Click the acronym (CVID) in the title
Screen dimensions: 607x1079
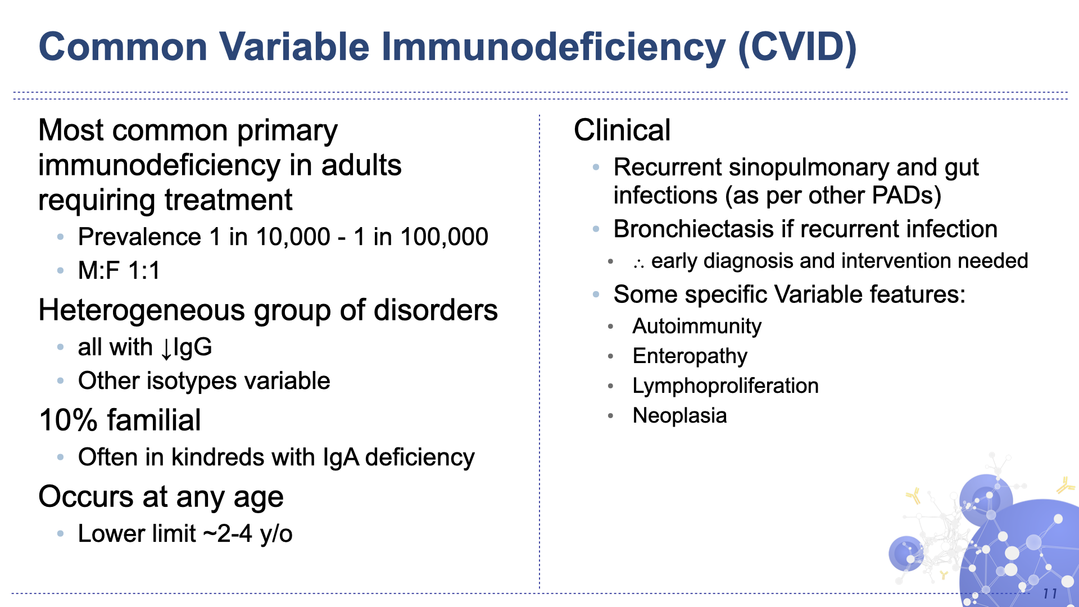(x=797, y=47)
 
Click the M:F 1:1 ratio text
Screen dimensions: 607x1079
(x=119, y=271)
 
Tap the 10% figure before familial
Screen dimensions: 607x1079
(x=68, y=420)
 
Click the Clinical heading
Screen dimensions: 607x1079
(x=622, y=130)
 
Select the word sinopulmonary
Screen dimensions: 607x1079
(x=809, y=167)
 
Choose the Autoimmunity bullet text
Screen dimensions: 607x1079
(x=697, y=327)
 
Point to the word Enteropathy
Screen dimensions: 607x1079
(x=690, y=356)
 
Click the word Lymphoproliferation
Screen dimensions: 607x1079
(x=725, y=386)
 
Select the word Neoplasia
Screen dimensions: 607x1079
(x=679, y=416)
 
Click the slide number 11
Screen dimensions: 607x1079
(x=1050, y=594)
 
